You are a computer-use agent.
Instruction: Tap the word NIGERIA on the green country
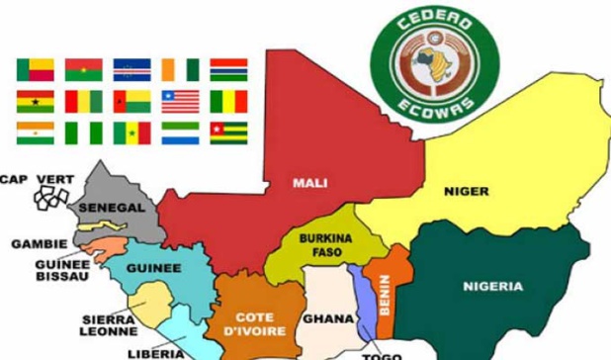pos(492,287)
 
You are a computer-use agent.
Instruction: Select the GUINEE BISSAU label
pos(62,270)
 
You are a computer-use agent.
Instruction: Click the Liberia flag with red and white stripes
pos(181,101)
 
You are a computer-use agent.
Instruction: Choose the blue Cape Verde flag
pos(131,69)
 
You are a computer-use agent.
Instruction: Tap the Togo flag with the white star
pos(229,133)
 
